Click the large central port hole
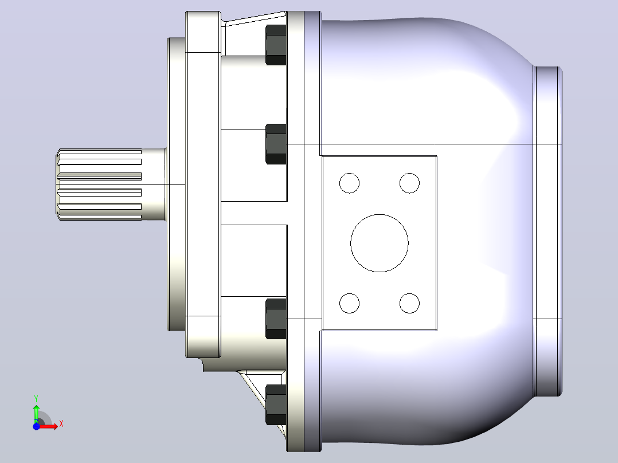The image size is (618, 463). (379, 243)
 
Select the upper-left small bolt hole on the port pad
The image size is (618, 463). (349, 183)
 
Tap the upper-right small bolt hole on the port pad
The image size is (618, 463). (409, 183)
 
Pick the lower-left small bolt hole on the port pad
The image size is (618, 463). (349, 303)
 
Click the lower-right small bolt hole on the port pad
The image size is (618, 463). (409, 303)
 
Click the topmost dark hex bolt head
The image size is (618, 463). (276, 45)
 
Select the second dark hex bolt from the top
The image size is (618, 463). (276, 144)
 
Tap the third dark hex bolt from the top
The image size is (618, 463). (276, 319)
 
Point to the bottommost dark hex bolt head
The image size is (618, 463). (276, 405)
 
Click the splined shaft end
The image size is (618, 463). (99, 184)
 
